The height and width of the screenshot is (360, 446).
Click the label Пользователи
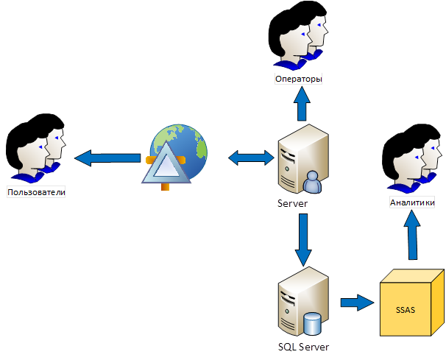pos(37,193)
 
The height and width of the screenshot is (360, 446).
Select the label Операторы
pos(299,79)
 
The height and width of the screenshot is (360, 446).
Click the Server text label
pos(292,203)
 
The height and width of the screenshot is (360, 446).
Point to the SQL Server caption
pos(304,346)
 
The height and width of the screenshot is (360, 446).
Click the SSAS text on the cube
pos(405,309)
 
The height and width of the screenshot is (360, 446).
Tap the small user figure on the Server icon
pos(312,181)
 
